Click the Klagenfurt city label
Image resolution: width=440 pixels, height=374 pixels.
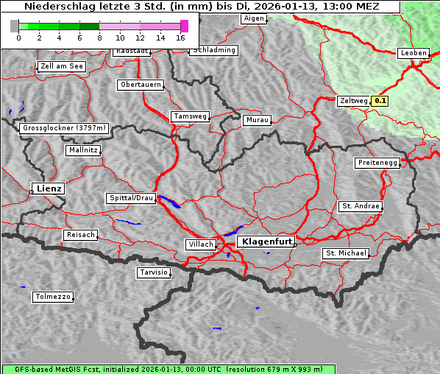tap(266, 241)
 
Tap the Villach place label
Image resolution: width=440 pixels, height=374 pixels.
tap(199, 244)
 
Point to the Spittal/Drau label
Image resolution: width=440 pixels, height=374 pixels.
tap(131, 198)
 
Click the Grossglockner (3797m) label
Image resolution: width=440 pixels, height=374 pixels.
tap(64, 128)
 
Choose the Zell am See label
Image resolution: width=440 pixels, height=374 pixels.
tap(61, 66)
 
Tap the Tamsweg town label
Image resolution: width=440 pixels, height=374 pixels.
tap(191, 116)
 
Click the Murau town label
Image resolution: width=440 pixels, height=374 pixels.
tap(258, 119)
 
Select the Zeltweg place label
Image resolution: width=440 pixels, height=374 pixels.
tap(352, 101)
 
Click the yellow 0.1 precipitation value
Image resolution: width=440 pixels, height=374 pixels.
tap(380, 101)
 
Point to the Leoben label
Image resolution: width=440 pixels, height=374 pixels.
tap(413, 53)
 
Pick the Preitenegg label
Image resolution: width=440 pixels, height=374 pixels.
tap(377, 163)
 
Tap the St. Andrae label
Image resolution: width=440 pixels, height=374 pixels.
tap(361, 206)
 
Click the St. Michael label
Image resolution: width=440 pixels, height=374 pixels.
tap(346, 253)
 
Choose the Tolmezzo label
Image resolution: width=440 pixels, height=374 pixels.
tap(53, 297)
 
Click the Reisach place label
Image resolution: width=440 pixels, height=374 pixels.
tap(80, 235)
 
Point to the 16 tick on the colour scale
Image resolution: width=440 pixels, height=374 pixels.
tap(181, 37)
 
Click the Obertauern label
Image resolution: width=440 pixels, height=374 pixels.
tap(140, 85)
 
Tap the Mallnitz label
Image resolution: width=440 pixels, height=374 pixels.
tap(83, 150)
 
